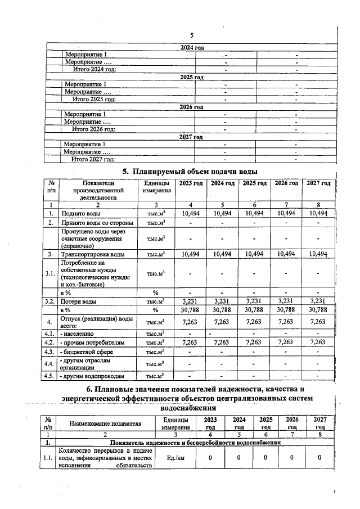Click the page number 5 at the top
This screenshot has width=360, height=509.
191,35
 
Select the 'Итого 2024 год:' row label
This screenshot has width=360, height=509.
94,69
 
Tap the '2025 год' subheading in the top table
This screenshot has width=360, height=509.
191,76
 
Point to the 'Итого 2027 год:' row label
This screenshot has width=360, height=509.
93,159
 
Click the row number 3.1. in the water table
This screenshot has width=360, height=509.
51,274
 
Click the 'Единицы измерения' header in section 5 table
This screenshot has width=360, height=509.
156,187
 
